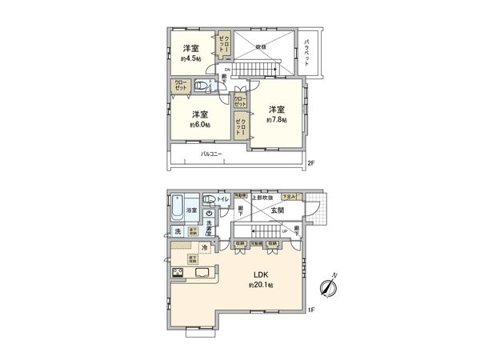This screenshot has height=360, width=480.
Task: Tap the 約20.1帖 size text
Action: click(x=261, y=286)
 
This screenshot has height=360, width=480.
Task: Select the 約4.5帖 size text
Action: click(x=190, y=58)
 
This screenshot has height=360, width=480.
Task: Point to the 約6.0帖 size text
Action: click(x=200, y=124)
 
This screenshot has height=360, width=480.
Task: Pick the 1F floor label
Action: click(x=313, y=309)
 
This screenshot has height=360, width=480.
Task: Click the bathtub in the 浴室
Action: click(x=178, y=210)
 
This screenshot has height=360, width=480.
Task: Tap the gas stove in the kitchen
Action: click(x=177, y=274)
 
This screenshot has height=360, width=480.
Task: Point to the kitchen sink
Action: click(x=202, y=274)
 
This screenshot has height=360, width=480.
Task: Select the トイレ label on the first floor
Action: click(x=223, y=199)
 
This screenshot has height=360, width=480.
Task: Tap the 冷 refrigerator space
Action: click(x=206, y=248)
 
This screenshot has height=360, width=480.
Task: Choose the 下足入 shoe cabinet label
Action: click(x=293, y=197)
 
